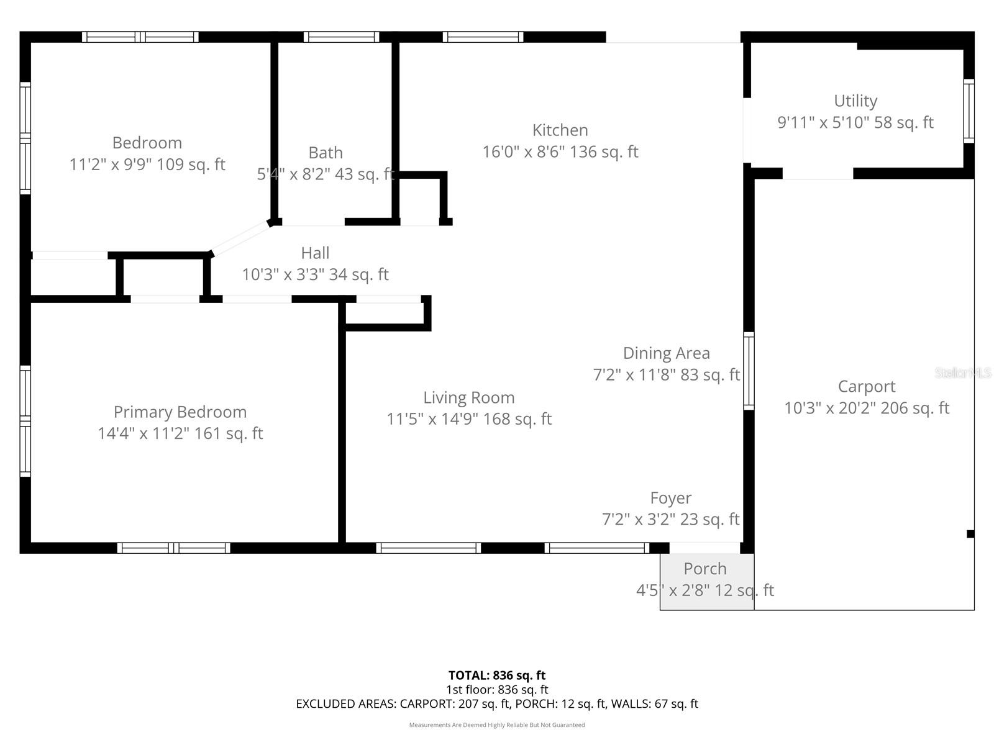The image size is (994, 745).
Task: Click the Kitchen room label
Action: pos(560,130)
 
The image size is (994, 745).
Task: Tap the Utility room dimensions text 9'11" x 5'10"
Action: pos(855,122)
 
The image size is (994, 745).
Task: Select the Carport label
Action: pos(866,387)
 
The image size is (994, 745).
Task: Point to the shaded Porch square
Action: pos(706,582)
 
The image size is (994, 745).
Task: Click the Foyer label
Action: pos(670,498)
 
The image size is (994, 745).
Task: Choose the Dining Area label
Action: pos(666,353)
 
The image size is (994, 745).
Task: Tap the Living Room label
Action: pos(468,398)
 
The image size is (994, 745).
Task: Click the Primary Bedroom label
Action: pos(180,412)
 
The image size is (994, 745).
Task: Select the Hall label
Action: pos(315,253)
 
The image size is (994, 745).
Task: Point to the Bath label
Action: pos(326,153)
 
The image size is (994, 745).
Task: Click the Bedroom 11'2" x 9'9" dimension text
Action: pos(147,165)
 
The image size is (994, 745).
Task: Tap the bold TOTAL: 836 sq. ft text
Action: pos(496,675)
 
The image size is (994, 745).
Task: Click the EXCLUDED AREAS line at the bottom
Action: pos(496,704)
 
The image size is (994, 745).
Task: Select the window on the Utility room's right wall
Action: pos(969,111)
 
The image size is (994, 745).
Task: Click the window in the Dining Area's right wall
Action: pos(749,371)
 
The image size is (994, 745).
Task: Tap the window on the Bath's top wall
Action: pos(341,37)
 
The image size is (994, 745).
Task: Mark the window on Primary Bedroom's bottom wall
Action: pos(174,548)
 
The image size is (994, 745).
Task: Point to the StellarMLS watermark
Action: pos(962,373)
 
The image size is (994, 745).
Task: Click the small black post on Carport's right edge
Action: pos(970,534)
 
